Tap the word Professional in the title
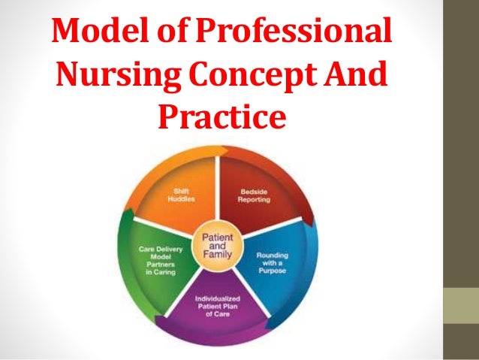pos(300,33)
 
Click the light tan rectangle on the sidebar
pos(459,307)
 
